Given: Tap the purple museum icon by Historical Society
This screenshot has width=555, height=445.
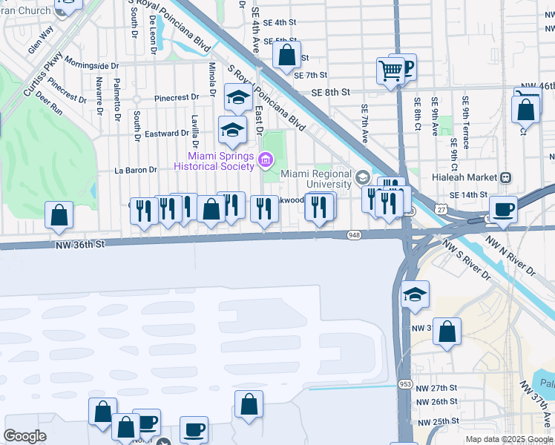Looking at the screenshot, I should (x=265, y=159).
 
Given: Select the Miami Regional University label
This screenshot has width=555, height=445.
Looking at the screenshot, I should (x=316, y=179).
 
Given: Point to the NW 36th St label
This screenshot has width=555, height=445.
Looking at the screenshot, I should (x=80, y=243).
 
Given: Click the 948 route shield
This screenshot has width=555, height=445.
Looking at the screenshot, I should (x=355, y=235).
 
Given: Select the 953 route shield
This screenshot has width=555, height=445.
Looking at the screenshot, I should (x=404, y=385).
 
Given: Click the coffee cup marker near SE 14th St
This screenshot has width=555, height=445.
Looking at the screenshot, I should (x=503, y=210).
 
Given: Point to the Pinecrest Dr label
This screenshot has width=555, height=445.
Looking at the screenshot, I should (x=177, y=97).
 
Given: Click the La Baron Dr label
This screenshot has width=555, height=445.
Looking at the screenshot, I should (x=137, y=170).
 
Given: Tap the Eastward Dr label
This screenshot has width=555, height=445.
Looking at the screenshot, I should (x=167, y=133).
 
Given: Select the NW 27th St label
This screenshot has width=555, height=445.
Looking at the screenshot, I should (x=436, y=388).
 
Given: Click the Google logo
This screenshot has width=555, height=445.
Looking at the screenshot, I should (x=24, y=435).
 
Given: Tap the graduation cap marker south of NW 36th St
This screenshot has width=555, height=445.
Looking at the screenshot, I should (x=415, y=294).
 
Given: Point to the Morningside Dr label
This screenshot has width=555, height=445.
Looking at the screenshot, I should (x=91, y=65).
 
